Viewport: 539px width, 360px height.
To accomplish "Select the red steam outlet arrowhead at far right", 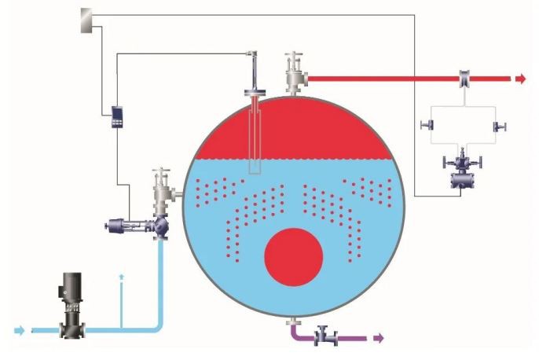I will (x=520, y=79).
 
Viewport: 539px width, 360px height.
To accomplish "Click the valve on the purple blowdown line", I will (x=325, y=337).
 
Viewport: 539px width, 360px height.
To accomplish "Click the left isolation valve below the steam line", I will (x=428, y=127).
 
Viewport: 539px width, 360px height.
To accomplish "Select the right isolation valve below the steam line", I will (x=497, y=127).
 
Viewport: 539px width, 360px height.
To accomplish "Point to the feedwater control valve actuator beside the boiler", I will (x=126, y=226).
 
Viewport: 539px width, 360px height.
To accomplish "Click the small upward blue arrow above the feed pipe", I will (x=121, y=278).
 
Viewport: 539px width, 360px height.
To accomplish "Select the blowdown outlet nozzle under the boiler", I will (x=292, y=321).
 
